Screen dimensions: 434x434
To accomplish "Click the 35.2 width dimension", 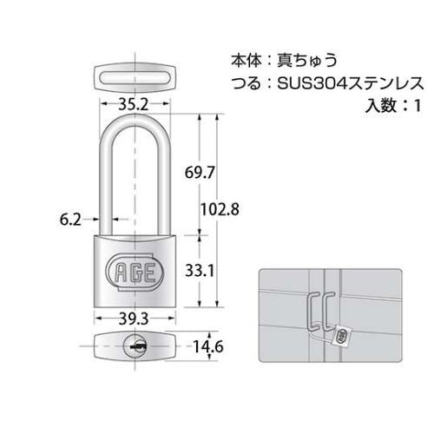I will tap(135, 104).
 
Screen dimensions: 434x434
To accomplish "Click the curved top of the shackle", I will tap(134, 126).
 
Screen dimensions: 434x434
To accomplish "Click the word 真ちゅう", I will tap(306, 62).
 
